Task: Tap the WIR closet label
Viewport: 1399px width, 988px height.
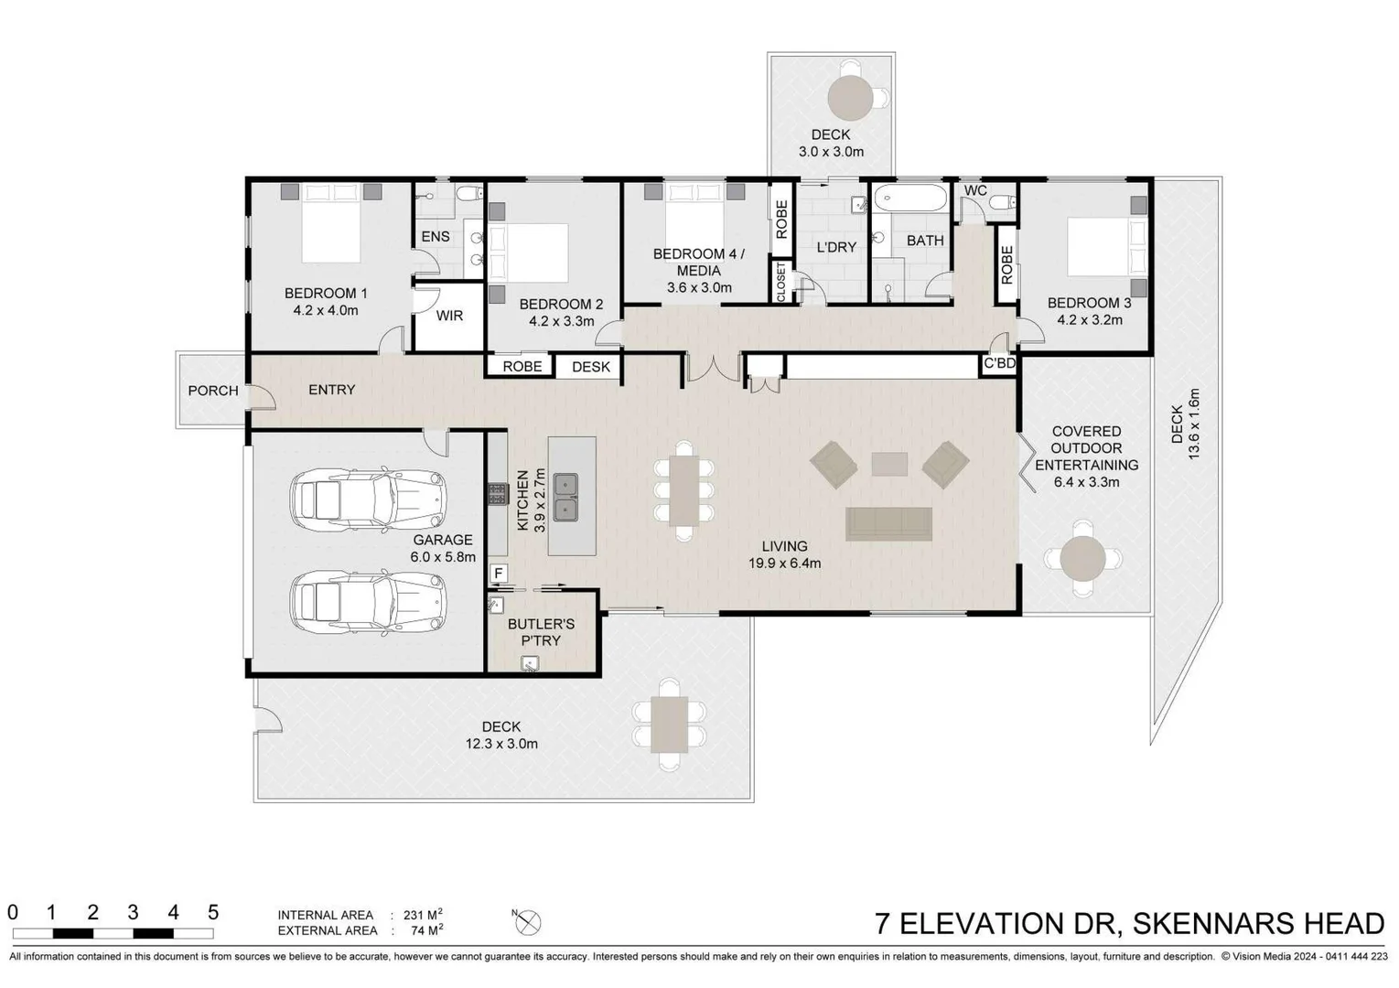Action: point(449,316)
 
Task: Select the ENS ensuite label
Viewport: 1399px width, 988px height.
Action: point(436,237)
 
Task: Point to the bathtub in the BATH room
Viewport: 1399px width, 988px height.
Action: point(909,198)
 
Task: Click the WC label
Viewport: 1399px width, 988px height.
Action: point(975,190)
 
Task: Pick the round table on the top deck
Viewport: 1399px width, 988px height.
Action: point(852,96)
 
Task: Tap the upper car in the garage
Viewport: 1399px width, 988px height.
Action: point(368,501)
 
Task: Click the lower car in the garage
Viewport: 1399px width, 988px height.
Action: point(368,603)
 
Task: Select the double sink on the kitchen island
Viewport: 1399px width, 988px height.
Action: point(565,497)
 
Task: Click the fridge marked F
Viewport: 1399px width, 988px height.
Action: point(498,574)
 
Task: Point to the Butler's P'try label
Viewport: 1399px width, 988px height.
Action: point(541,632)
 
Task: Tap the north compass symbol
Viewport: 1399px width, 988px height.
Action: point(528,922)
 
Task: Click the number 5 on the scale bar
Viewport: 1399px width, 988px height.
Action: point(213,912)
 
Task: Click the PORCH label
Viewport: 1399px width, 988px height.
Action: point(213,391)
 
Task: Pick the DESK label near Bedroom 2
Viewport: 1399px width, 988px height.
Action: point(590,367)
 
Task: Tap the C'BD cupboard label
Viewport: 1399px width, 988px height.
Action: point(999,363)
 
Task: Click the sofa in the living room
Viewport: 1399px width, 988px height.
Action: point(888,524)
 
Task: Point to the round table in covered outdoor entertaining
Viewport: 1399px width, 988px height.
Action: point(1082,558)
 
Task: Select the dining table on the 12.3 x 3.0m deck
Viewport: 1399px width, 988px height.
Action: point(670,725)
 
